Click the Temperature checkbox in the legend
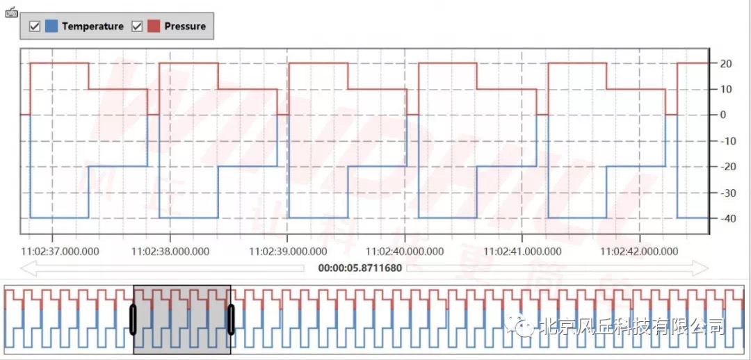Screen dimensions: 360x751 34,26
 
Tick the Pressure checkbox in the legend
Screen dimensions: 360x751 137,26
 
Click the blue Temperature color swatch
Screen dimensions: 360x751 51,26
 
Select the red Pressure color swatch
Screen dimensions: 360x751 154,26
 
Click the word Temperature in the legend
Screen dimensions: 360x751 92,26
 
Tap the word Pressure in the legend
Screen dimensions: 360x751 185,26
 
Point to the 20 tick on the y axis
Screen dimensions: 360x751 726,64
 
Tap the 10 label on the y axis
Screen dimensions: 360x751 726,90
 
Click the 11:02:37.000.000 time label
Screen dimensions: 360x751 60,251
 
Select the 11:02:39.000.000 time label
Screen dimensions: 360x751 289,251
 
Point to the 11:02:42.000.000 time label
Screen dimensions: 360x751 639,251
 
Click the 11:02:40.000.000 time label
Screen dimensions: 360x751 405,251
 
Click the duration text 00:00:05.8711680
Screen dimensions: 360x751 360,268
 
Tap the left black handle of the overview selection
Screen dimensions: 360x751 133,320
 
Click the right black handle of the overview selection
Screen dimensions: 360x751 231,320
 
